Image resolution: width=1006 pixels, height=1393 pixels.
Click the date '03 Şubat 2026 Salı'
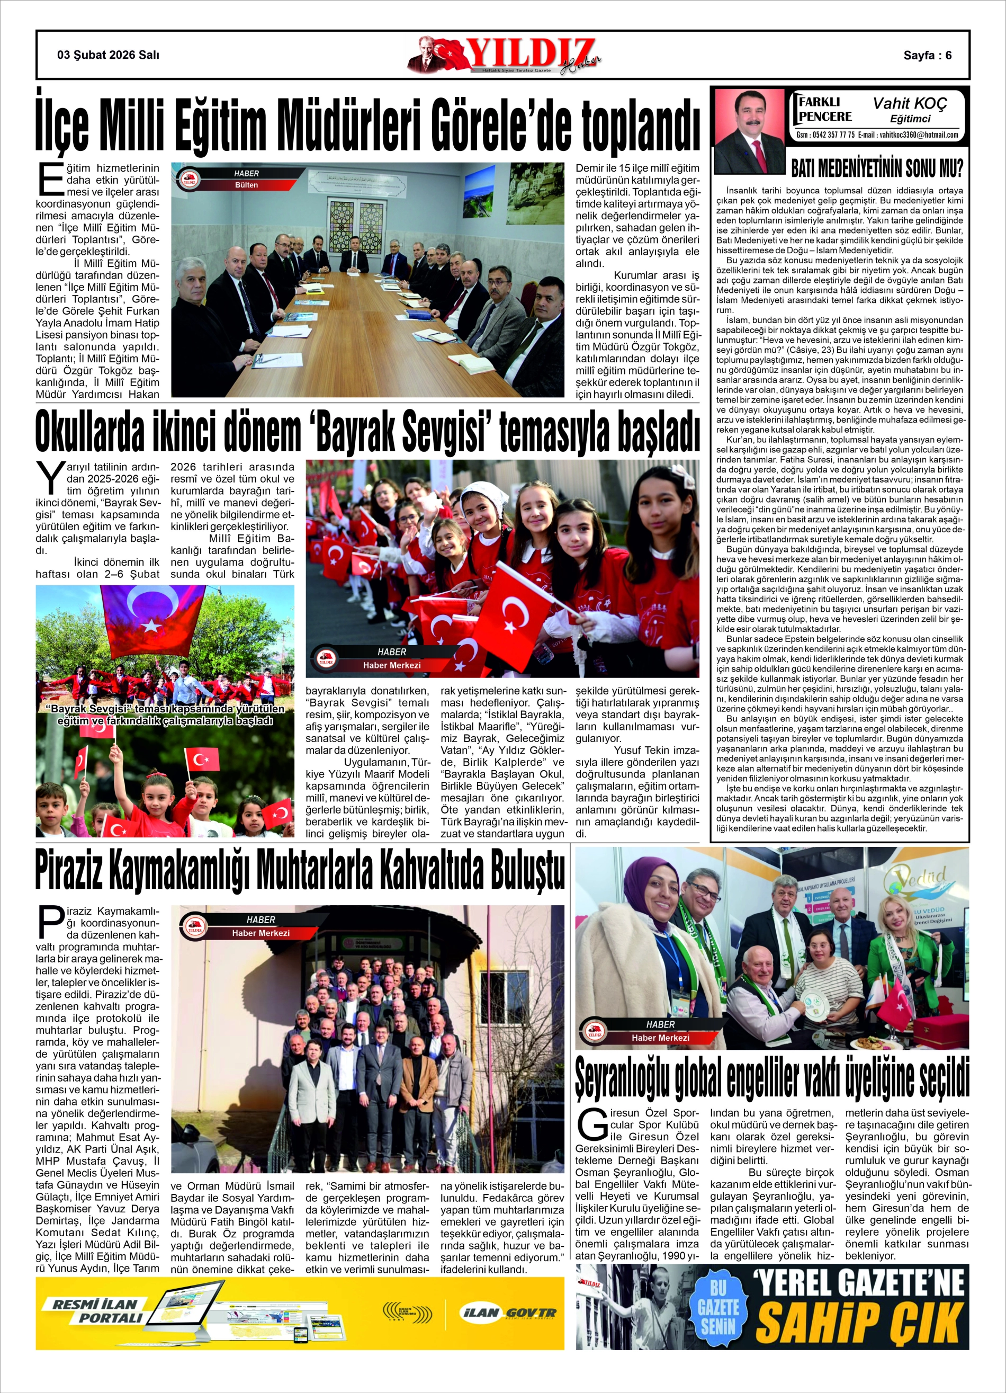pyautogui.click(x=108, y=55)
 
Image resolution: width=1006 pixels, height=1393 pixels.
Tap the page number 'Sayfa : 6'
pyautogui.click(x=927, y=55)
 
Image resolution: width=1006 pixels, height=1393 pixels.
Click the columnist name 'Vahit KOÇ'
pyautogui.click(x=910, y=103)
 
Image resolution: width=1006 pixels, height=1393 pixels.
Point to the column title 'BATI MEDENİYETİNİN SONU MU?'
pyautogui.click(x=876, y=168)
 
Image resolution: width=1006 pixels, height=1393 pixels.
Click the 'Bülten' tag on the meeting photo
pyautogui.click(x=246, y=185)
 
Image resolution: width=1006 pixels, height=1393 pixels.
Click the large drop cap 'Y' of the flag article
pyautogui.click(x=50, y=478)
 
